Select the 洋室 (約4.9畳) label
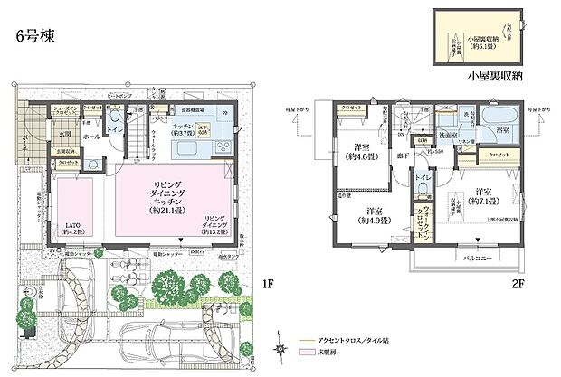[x=375, y=213]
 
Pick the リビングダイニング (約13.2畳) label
[x=217, y=223]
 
